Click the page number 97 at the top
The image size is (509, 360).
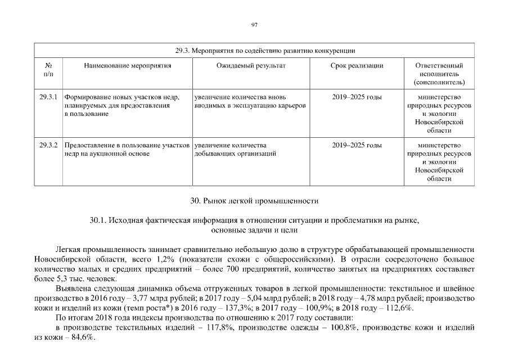pos(254,25)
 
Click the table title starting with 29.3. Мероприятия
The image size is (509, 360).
pos(265,51)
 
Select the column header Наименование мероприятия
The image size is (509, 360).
pos(128,66)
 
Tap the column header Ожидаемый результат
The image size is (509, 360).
pos(251,66)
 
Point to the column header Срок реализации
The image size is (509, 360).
pos(357,66)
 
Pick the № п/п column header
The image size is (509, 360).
pos(48,70)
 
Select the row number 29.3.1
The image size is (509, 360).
pos(49,97)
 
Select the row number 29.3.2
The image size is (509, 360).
pos(49,145)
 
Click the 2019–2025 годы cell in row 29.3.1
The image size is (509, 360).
pos(357,97)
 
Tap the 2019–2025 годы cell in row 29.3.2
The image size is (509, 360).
pos(357,145)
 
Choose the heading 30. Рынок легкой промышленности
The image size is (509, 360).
pos(254,200)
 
